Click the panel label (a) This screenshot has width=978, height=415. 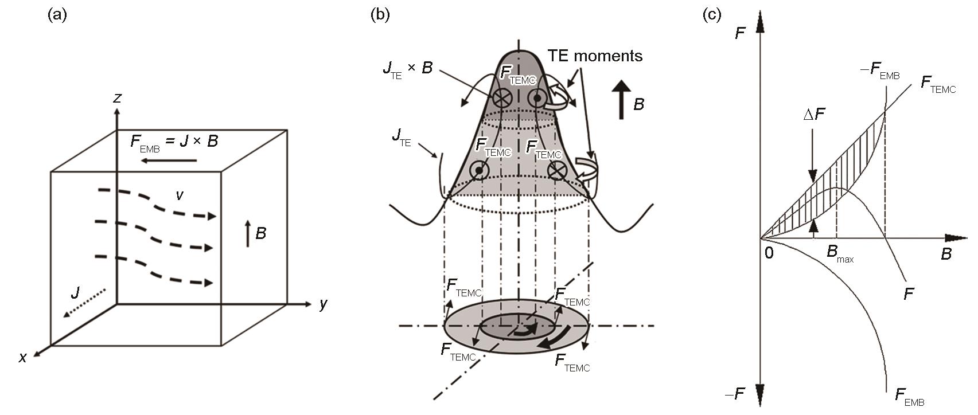coord(57,15)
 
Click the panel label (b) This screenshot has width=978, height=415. coord(380,15)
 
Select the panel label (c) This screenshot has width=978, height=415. coord(712,15)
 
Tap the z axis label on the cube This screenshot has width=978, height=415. coord(117,99)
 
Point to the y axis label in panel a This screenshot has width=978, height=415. coord(323,304)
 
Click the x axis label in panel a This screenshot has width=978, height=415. coord(23,358)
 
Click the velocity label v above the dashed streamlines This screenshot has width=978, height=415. coord(180,195)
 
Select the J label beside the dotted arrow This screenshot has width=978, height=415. coord(76,292)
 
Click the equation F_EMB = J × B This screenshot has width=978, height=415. coord(174,142)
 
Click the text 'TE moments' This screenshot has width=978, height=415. coord(595,56)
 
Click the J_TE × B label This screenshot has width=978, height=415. coord(408,70)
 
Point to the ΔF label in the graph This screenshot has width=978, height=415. coord(815,114)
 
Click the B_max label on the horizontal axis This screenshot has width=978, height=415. coord(840,253)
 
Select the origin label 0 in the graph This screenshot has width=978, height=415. coord(769,253)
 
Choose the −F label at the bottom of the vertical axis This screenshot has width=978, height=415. coord(735,394)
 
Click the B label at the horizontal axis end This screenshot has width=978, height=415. coord(946,254)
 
